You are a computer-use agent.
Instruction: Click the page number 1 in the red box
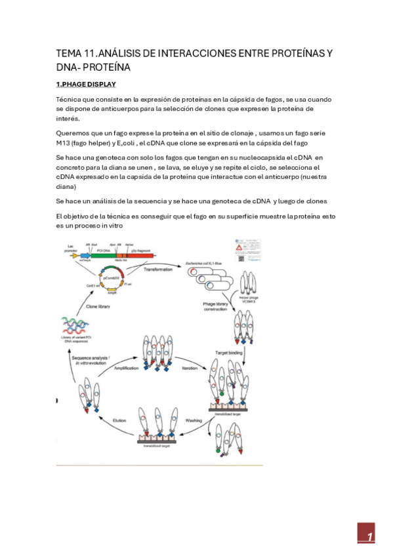pyautogui.click(x=369, y=537)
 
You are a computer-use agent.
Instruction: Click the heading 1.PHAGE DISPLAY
pyautogui.click(x=85, y=85)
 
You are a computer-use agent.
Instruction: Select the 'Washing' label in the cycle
pyautogui.click(x=193, y=420)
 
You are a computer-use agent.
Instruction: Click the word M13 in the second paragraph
pyautogui.click(x=66, y=143)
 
